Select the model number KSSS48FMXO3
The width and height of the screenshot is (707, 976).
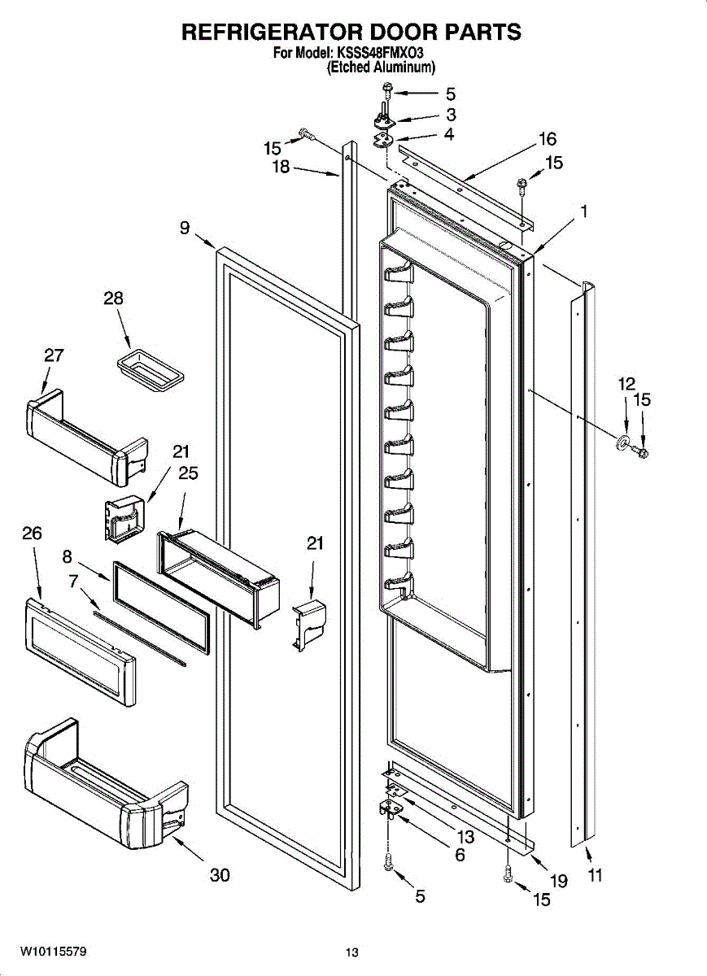pos(380,53)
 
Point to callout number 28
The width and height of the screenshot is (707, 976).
pos(113,298)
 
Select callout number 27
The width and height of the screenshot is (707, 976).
pos(54,355)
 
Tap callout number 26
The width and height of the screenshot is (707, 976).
pos(32,533)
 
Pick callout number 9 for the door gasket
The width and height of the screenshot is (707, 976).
pos(185,228)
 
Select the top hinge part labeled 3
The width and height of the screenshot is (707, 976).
pos(383,118)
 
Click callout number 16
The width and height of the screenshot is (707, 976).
pos(548,139)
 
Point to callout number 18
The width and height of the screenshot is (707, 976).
pos(281,167)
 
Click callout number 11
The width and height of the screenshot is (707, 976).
pos(595,875)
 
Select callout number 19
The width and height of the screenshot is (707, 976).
pos(559,881)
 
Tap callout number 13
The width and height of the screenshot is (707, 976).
pos(465,837)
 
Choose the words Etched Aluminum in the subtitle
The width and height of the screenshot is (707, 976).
pos(381,67)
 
